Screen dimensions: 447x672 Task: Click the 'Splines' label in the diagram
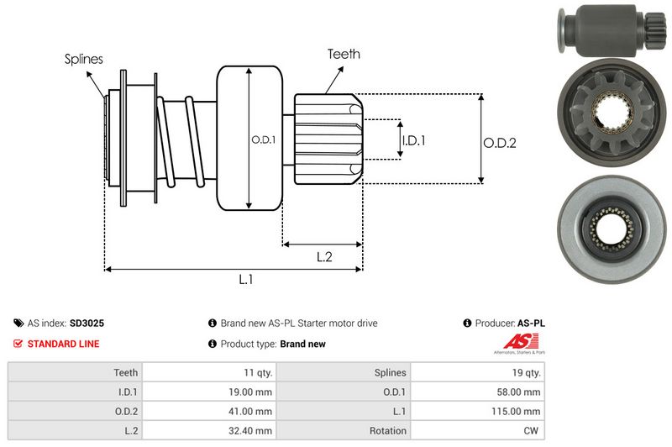tap(84, 60)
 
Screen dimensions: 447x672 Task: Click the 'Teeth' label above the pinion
tap(344, 54)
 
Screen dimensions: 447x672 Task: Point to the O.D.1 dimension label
tap(263, 139)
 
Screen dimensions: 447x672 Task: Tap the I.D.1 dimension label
tap(413, 141)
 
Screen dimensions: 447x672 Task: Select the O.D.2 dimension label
tap(499, 143)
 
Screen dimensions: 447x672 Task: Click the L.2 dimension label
tap(325, 257)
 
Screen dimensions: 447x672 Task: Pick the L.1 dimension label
tap(246, 281)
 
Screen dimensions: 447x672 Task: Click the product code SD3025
tap(87, 323)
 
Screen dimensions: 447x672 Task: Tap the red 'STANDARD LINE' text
tap(63, 344)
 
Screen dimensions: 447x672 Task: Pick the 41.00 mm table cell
tap(252, 411)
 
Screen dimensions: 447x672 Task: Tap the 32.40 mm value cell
tap(252, 431)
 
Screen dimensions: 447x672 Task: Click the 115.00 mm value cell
tap(520, 411)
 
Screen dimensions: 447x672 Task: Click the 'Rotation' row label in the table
tap(387, 431)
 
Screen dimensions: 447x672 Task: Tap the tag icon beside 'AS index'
tap(18, 323)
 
